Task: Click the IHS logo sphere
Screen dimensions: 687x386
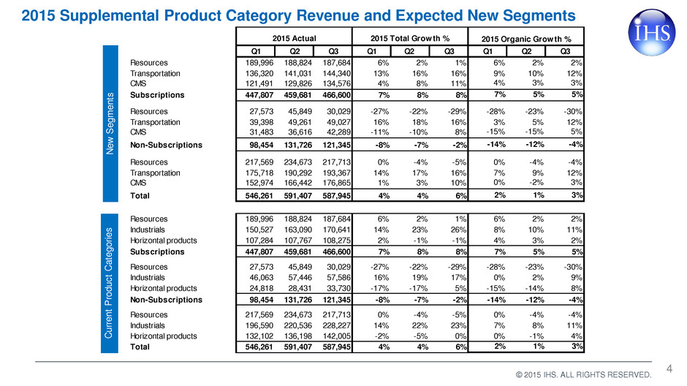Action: tap(651, 32)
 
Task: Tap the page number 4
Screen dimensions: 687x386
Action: tap(669, 368)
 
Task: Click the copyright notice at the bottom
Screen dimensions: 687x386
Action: tap(584, 374)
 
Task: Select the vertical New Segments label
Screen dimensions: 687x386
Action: tap(110, 123)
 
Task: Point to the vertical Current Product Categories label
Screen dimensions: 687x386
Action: tap(109, 283)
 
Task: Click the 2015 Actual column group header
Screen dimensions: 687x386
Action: tap(294, 38)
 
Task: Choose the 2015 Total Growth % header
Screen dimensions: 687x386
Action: tap(410, 38)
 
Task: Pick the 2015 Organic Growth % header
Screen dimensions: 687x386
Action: tap(526, 39)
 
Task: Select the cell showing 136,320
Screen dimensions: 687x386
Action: tap(259, 73)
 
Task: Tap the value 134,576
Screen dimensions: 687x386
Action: tap(336, 83)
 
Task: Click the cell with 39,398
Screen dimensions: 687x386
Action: tap(261, 122)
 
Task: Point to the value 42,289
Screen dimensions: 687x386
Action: tap(338, 132)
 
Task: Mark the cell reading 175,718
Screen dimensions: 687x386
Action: tap(259, 173)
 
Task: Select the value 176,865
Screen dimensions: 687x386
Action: tap(336, 183)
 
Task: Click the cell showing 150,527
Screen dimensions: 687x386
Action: tap(259, 230)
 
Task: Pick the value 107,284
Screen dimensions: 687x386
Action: tap(259, 240)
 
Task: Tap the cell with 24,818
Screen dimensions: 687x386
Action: tap(261, 288)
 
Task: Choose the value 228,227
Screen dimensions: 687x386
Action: tap(336, 325)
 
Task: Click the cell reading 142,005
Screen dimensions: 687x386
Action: tap(336, 336)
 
